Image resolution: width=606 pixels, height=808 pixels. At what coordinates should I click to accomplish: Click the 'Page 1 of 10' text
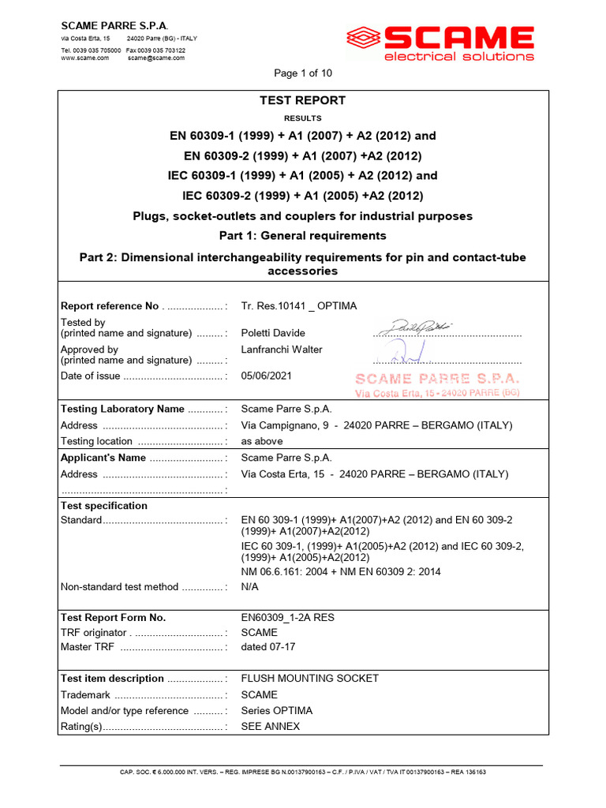point(303,73)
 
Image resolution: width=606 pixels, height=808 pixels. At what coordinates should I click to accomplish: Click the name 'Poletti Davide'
point(273,333)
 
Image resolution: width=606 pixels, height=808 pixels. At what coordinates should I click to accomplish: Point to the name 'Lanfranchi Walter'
point(282,350)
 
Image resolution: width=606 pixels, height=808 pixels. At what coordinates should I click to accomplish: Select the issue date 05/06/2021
point(266,376)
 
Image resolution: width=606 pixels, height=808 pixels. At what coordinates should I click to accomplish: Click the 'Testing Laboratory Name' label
point(122,409)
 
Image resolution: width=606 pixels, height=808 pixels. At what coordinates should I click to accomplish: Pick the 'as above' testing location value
point(262,441)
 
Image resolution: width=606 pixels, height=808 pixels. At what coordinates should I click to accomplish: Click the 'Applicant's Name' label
point(103,458)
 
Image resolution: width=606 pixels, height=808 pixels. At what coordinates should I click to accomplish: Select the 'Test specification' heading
point(104,506)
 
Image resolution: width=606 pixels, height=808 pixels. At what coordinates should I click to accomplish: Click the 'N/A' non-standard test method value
point(250,587)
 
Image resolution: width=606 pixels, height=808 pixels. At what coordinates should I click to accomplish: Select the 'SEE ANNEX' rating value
point(271,727)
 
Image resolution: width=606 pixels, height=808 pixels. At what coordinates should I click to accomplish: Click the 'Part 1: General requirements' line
point(303,235)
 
